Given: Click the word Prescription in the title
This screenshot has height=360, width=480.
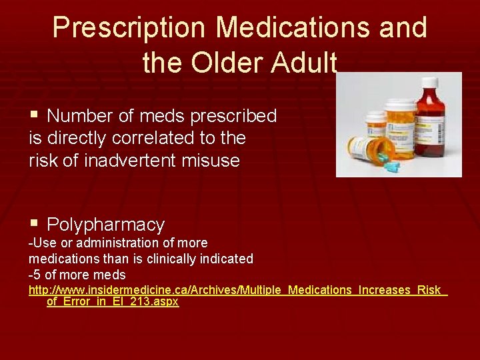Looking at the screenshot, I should [130, 28].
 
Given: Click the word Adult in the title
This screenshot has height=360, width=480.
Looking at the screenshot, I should [305, 63].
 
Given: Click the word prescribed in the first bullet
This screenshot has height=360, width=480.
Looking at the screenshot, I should [233, 116].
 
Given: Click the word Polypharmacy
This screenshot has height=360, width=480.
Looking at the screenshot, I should [106, 225].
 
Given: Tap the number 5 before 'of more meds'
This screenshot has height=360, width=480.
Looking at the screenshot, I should [37, 274].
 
